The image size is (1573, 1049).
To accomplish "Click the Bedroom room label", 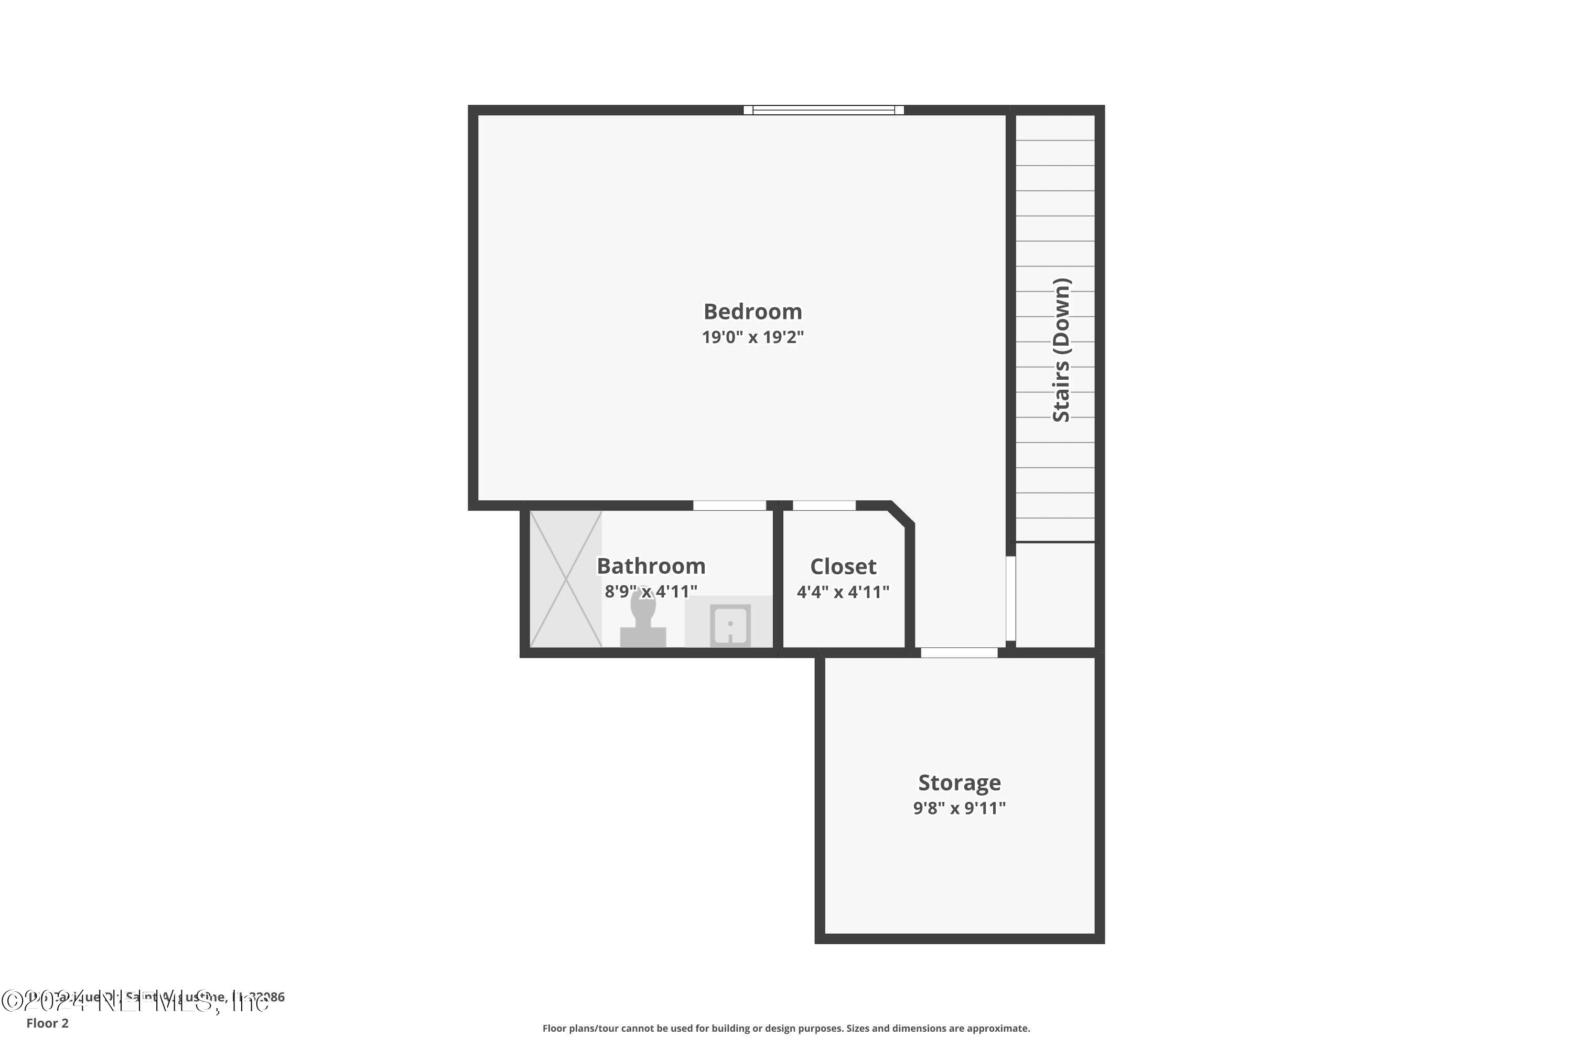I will pos(752,312).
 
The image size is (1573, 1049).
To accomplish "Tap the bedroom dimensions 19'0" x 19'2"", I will pos(752,337).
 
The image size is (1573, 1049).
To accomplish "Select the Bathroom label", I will pos(651,566).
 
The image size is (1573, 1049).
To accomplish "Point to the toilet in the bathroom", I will pos(643,622).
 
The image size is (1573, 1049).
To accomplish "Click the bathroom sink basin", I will pos(730,625).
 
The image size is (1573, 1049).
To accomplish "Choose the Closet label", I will pos(843,566).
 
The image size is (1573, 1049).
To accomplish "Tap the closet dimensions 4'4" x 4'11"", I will pos(843,592).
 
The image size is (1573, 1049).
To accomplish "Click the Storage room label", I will pos(959,782).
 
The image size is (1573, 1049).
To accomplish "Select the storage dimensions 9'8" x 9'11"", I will pos(959,808).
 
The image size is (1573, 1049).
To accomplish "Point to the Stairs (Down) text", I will pos(1061,349).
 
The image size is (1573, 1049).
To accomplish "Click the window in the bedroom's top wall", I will pos(823,110).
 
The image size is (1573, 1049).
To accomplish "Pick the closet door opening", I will pos(824,506).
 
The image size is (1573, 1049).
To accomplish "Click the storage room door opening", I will pos(959,652).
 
